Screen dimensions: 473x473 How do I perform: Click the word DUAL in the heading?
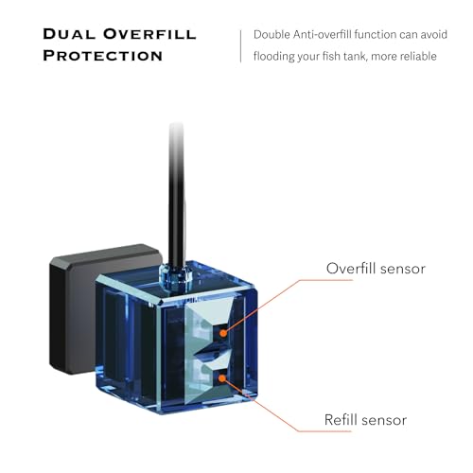click(69, 34)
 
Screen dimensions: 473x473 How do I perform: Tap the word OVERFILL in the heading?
click(149, 34)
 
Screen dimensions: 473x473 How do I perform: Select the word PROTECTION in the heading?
click(103, 56)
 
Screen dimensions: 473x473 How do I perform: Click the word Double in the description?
click(272, 34)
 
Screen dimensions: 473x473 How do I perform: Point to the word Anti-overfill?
click(322, 34)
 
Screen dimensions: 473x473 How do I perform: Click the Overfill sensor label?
click(376, 269)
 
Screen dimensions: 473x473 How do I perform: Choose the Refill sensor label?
click(365, 420)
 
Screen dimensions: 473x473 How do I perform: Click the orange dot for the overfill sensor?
click(223, 333)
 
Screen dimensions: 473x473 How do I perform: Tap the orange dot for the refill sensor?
click(222, 378)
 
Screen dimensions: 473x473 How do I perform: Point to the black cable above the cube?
click(176, 196)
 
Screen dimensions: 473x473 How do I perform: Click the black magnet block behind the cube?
click(76, 309)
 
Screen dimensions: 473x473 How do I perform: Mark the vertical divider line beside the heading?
click(241, 46)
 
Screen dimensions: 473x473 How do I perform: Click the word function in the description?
click(376, 34)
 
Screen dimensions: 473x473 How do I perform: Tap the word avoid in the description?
click(434, 34)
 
